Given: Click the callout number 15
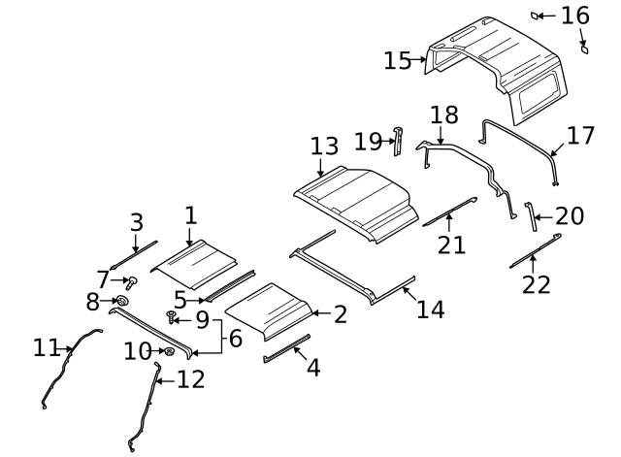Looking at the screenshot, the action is pyautogui.click(x=398, y=60).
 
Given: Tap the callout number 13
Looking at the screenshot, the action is pyautogui.click(x=324, y=146).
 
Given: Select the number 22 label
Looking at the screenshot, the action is pyautogui.click(x=537, y=284).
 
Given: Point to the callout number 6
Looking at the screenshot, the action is pyautogui.click(x=236, y=339).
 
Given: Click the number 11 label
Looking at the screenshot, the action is pyautogui.click(x=47, y=347).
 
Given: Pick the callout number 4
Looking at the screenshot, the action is pyautogui.click(x=313, y=368).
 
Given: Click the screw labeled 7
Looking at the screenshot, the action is pyautogui.click(x=132, y=282).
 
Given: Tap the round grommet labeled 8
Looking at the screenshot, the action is pyautogui.click(x=122, y=301).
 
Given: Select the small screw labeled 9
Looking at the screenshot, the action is pyautogui.click(x=171, y=317).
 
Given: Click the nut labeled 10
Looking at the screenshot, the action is pyautogui.click(x=169, y=351).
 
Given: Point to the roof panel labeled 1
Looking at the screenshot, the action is pyautogui.click(x=194, y=264).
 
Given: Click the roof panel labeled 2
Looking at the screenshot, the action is pyautogui.click(x=270, y=310).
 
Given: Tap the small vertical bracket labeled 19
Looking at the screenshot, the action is pyautogui.click(x=398, y=142).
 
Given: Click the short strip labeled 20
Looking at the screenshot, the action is pyautogui.click(x=531, y=216).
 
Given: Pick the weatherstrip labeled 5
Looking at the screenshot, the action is pyautogui.click(x=230, y=286).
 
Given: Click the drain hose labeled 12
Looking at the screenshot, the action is pyautogui.click(x=145, y=407).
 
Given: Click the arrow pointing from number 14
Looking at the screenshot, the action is pyautogui.click(x=409, y=294).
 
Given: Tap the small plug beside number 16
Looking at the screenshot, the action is pyautogui.click(x=535, y=16).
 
